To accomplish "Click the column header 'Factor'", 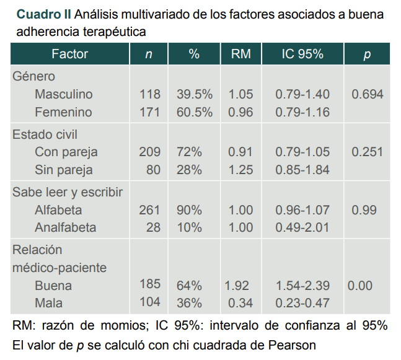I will point(69,55).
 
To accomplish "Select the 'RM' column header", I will point(240,55).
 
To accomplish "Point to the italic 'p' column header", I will point(367,55).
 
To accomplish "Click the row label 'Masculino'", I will point(64,95).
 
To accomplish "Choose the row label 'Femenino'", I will point(63,112).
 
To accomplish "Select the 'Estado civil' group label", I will point(45,134).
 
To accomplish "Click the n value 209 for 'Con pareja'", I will point(149,152).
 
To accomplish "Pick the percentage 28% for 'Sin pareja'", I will point(189,169).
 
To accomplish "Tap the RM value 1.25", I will point(240,169).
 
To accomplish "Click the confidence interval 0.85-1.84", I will point(302,169).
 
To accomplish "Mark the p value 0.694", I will point(367,95).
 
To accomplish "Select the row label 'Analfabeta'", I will point(65,227).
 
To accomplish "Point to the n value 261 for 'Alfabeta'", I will point(149,210).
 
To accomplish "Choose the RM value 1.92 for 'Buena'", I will point(237,286).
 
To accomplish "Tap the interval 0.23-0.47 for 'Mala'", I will point(302,303).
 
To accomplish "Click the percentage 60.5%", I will point(195,112).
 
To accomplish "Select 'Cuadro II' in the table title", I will point(43,14).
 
